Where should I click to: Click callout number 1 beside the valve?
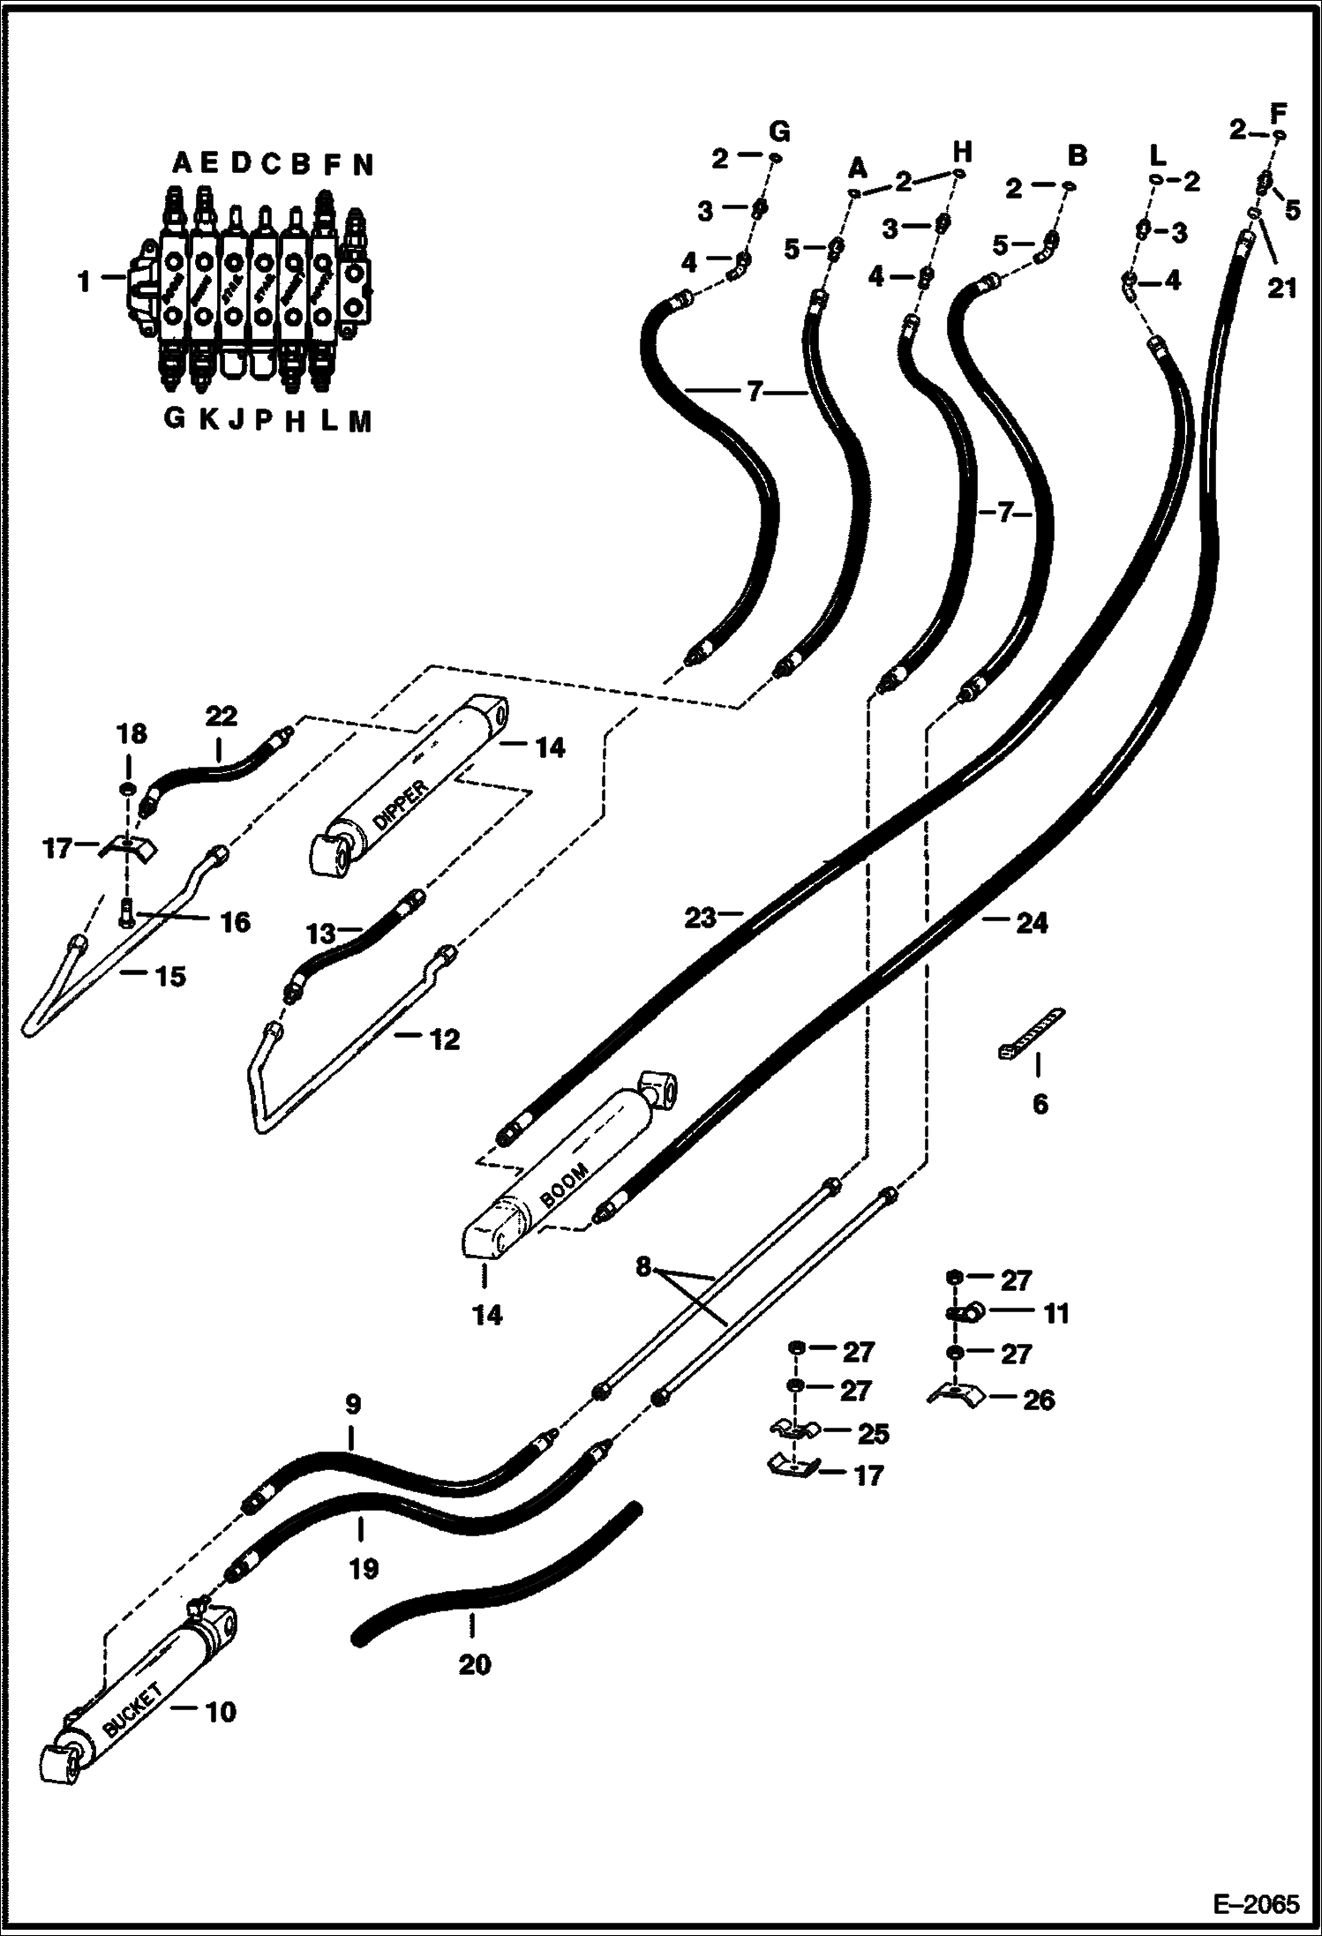point(84,282)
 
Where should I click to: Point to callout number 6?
point(1040,1103)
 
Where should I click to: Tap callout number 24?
point(1031,923)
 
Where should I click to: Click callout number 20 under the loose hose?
point(474,1665)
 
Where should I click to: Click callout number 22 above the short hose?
point(221,715)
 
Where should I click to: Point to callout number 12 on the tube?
point(445,1039)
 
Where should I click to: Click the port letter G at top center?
point(779,132)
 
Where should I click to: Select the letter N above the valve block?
point(363,164)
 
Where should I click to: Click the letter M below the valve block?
point(359,422)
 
